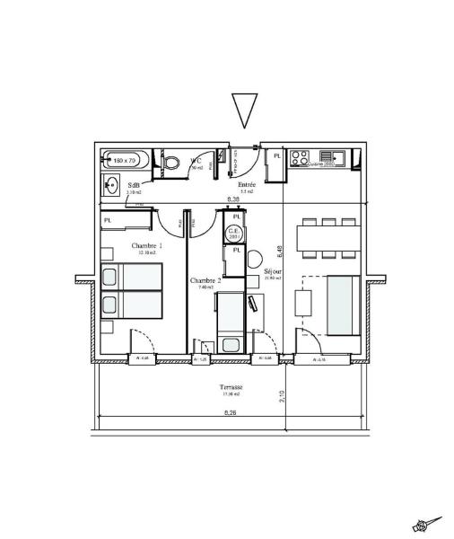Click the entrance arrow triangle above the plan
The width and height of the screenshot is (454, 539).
[244, 110]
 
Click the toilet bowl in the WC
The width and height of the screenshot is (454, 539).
[171, 163]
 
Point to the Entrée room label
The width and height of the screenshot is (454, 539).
[235, 184]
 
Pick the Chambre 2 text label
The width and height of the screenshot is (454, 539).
[205, 280]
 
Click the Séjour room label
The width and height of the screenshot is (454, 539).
[273, 270]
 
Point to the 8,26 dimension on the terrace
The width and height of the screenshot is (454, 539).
[230, 412]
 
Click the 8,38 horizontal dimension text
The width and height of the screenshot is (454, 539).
[233, 199]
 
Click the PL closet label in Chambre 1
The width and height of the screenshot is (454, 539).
[109, 219]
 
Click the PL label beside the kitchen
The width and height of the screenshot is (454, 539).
[276, 156]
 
